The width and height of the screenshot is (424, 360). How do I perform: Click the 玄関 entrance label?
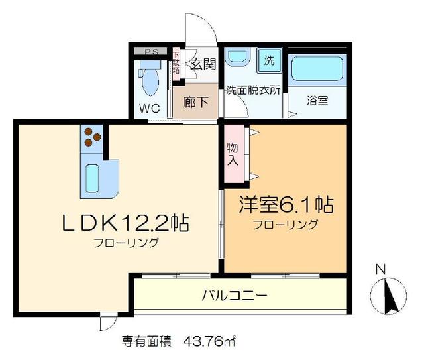coord(203,65)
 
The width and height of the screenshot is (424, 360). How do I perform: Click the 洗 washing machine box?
coord(269,61)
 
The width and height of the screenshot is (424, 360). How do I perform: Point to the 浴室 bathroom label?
coord(319,102)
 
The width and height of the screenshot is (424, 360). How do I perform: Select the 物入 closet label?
coord(233,155)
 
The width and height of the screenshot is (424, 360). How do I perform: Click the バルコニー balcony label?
coord(235,294)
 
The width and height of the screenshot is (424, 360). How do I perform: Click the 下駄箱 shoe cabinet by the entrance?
coord(176,66)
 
